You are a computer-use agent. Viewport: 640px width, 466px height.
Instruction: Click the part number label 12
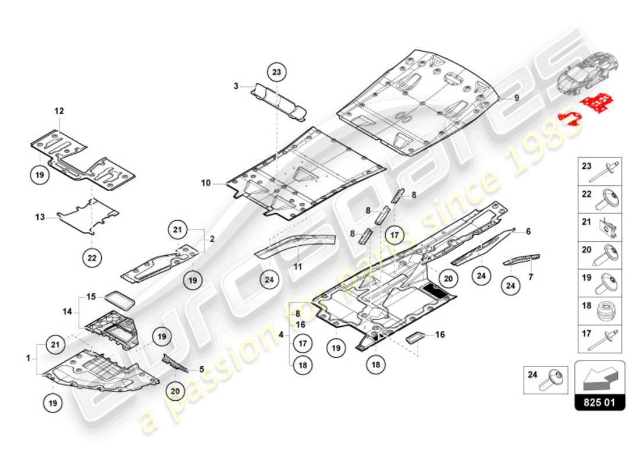(x=59, y=110)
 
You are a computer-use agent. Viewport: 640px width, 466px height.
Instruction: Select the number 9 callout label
(x=515, y=98)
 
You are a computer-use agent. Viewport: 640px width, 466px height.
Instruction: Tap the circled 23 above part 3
(x=277, y=72)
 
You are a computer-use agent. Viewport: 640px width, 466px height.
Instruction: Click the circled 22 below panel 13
(x=94, y=256)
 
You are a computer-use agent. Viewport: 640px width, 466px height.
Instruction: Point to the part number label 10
(x=206, y=183)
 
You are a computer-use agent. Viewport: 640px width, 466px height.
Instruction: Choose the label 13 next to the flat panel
(x=40, y=217)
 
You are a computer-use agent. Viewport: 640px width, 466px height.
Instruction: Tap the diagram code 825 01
(x=600, y=403)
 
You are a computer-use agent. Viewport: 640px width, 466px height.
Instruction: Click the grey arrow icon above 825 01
(x=600, y=378)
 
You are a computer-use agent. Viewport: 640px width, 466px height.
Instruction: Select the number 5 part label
(x=202, y=369)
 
